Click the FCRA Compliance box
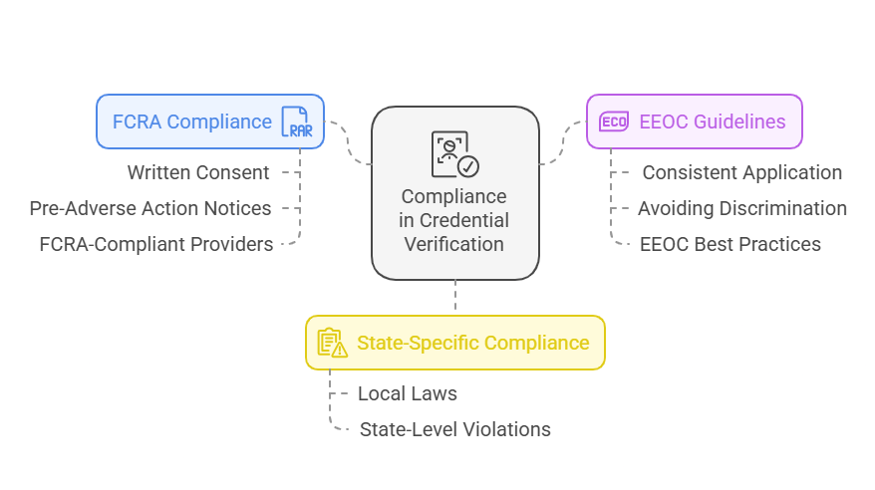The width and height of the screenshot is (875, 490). [209, 122]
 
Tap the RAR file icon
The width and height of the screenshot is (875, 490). [295, 122]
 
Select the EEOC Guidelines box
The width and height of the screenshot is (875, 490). [694, 122]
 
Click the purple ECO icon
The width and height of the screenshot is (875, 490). [614, 122]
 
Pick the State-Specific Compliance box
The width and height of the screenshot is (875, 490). [454, 343]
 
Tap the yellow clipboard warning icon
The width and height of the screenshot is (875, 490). [332, 343]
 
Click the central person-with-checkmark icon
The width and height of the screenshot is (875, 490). [454, 154]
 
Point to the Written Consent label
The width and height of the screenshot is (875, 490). [198, 172]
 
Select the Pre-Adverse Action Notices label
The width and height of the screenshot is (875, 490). [150, 208]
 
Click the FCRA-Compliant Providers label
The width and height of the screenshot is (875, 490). [156, 244]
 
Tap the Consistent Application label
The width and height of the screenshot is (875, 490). [741, 172]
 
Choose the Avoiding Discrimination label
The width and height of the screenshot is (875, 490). [742, 208]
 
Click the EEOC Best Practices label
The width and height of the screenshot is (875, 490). [730, 244]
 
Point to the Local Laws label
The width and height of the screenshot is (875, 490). [408, 393]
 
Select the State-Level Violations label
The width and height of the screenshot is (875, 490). [454, 429]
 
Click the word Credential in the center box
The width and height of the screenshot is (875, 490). [464, 220]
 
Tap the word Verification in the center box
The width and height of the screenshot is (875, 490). [454, 244]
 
